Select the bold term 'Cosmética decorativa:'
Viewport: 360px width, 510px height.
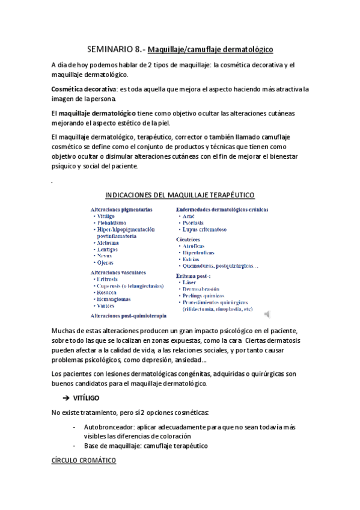(85, 89)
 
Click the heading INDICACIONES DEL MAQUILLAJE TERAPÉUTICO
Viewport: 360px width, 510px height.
(180, 195)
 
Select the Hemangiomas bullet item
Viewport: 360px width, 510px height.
(114, 299)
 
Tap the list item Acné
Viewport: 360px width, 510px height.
(188, 216)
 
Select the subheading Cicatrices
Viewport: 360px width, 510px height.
(191, 238)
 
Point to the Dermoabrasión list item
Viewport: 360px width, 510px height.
(204, 289)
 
